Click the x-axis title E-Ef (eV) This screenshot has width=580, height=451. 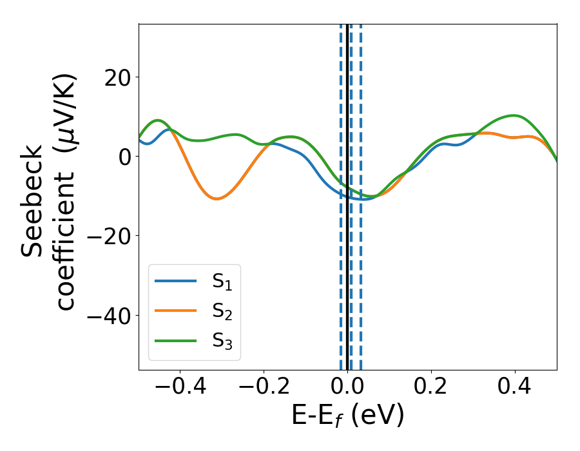[x=347, y=416]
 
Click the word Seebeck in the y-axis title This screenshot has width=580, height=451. [x=32, y=201]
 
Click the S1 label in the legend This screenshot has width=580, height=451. [x=223, y=282]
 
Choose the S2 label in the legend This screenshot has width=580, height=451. [x=223, y=312]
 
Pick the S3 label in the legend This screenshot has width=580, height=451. [x=223, y=341]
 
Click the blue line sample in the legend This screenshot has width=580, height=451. [x=175, y=281]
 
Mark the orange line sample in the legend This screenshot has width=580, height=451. [x=175, y=311]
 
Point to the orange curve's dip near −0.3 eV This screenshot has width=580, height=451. [x=217, y=198]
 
